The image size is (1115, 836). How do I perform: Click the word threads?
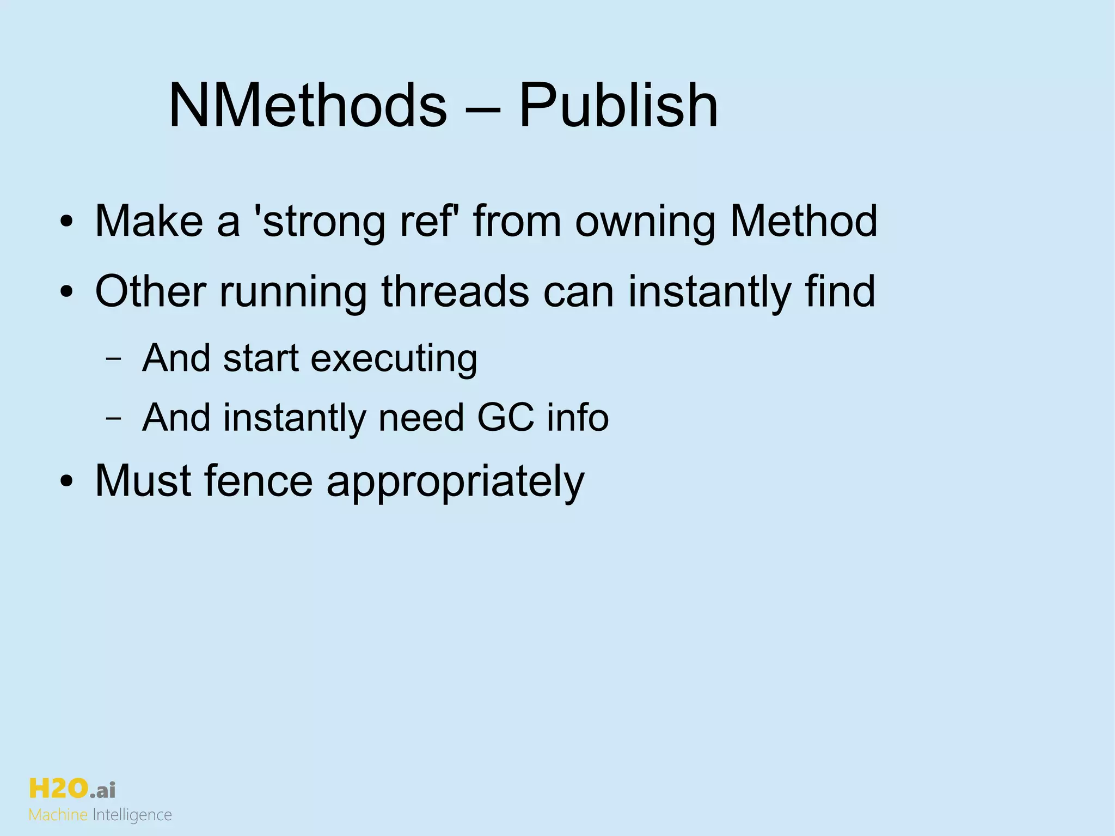point(455,291)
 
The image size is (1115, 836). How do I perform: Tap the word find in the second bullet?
point(840,291)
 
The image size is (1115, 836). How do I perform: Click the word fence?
point(258,481)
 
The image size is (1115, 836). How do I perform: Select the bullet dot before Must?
point(66,482)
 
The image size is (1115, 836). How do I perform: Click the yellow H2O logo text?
point(58,788)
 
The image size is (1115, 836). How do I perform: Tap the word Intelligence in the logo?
point(132,815)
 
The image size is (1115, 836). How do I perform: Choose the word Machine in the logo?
point(58,815)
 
